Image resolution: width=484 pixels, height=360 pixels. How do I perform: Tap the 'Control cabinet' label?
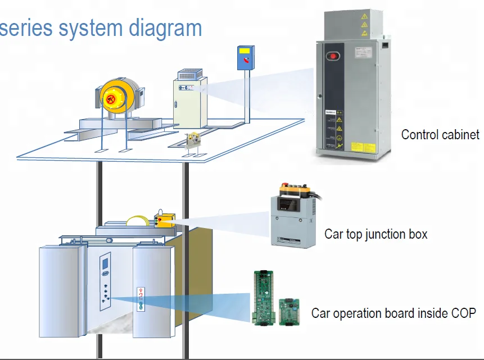coord(440,135)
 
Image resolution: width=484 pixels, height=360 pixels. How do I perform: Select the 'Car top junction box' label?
coord(376,234)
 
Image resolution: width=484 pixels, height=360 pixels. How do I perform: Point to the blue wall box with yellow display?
coord(245,58)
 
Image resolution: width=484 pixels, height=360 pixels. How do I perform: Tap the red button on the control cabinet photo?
coord(332,56)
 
